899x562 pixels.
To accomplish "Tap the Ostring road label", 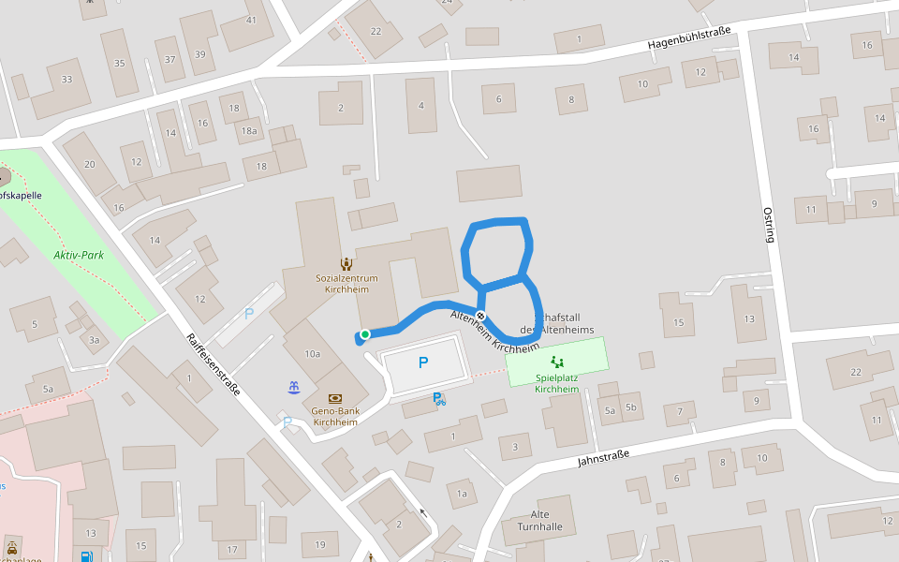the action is pyautogui.click(x=769, y=225).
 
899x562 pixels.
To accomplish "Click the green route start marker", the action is pyautogui.click(x=365, y=334).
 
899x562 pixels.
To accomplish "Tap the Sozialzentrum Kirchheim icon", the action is pyautogui.click(x=346, y=264).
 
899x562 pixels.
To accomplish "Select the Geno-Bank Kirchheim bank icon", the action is pyautogui.click(x=335, y=398).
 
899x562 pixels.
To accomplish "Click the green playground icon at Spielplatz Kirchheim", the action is pyautogui.click(x=557, y=361).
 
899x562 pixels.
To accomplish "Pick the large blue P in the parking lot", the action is pyautogui.click(x=423, y=362).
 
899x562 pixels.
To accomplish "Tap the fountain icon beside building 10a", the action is pyautogui.click(x=294, y=386).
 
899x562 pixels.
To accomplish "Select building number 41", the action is pyautogui.click(x=251, y=20).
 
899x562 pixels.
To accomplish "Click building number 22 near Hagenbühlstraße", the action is pyautogui.click(x=376, y=31).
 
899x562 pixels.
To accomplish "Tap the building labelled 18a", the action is pyautogui.click(x=249, y=131).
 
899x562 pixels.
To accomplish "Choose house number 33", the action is pyautogui.click(x=66, y=80).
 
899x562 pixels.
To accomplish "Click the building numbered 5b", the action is pyautogui.click(x=631, y=407).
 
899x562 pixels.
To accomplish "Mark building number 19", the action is pyautogui.click(x=320, y=544).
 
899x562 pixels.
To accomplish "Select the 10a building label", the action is pyautogui.click(x=313, y=353).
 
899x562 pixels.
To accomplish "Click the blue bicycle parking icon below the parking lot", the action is pyautogui.click(x=438, y=399).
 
